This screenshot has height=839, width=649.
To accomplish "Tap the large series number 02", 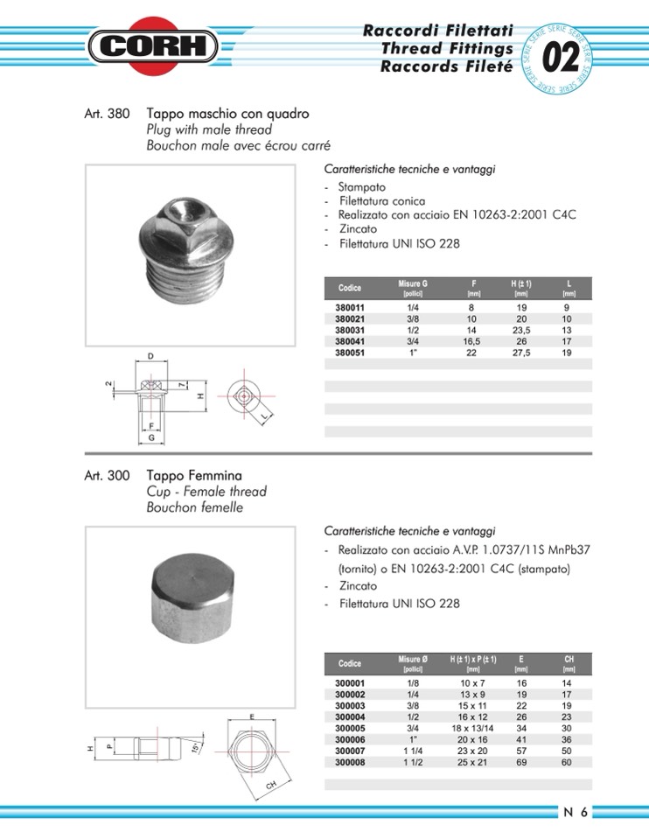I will [561, 59].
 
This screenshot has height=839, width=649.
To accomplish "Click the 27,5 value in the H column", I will [521, 353].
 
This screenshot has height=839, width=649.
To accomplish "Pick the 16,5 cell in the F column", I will [473, 342].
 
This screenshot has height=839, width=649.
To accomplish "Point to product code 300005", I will [350, 728].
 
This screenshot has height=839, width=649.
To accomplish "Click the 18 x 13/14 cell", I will [472, 728].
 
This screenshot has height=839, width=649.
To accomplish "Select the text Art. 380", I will [107, 115].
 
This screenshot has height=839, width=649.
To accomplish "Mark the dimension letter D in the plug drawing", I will [150, 356].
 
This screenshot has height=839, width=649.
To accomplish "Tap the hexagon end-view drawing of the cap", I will [252, 752].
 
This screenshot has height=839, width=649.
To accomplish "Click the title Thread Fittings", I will [446, 49].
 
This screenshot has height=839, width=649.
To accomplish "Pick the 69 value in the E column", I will [521, 762].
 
